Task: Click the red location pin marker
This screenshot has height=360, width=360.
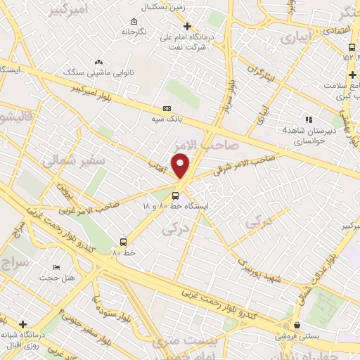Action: (181, 165)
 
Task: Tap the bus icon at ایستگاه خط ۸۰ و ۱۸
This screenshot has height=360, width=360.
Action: (175, 196)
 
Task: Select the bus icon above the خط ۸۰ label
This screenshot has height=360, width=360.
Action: (123, 241)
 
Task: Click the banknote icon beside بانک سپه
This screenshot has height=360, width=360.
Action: (167, 109)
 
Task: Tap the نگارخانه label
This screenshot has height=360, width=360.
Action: (134, 32)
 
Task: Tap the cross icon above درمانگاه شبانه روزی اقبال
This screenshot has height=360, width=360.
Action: (23, 324)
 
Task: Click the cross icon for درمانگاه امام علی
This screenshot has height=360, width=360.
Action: (186, 26)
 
